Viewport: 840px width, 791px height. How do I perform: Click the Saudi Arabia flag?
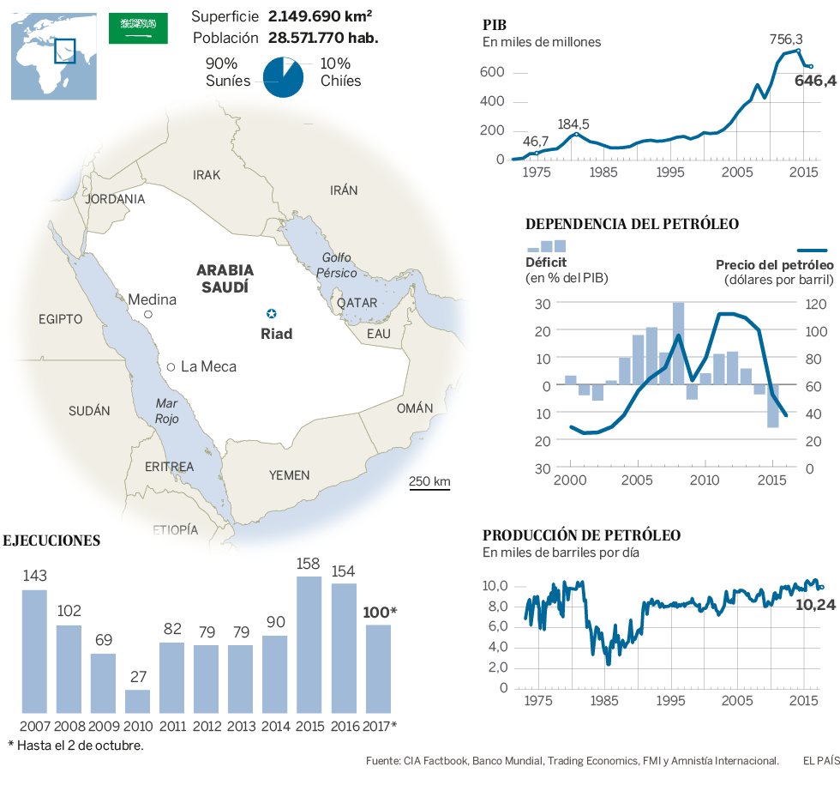point(138,28)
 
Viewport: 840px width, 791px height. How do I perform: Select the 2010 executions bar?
point(137,701)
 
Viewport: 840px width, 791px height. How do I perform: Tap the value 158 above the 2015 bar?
point(309,565)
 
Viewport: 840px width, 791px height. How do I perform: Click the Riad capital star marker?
point(272,313)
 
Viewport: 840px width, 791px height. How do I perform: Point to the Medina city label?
point(152,299)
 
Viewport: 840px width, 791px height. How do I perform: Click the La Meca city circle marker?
point(171,367)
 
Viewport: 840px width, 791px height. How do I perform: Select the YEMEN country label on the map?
point(290,475)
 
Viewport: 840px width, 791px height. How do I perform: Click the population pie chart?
point(283,77)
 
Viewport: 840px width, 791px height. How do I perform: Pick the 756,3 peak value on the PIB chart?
point(786,39)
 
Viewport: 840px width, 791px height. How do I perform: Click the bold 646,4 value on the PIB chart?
point(815,82)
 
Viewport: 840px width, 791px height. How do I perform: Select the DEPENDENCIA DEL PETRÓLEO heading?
point(632,225)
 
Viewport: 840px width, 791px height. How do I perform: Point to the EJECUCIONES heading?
point(52,540)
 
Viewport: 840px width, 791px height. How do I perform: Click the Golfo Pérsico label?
point(337,265)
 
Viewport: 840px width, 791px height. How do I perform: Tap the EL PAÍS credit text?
point(821,760)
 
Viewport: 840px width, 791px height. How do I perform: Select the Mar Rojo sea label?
point(166,411)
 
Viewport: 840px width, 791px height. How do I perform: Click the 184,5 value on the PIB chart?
point(573,124)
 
